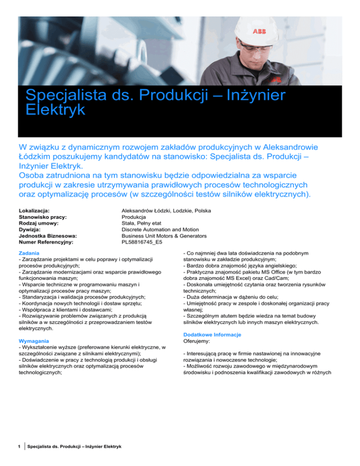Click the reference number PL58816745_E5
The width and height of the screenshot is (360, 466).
click(x=144, y=242)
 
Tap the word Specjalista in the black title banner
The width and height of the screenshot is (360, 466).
click(x=71, y=95)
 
